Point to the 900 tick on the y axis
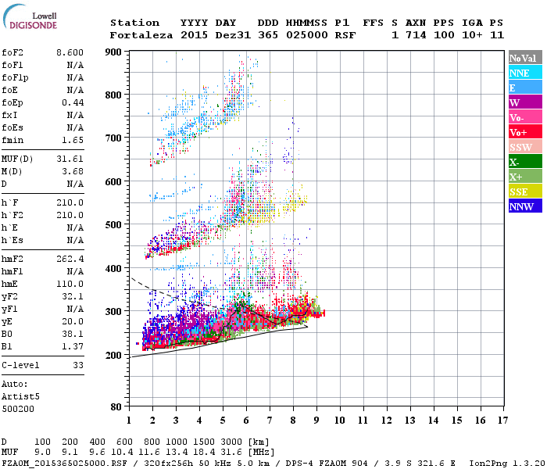(x=116, y=52)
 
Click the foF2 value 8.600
(x=70, y=52)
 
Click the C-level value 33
(x=78, y=365)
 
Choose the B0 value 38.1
(x=73, y=335)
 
